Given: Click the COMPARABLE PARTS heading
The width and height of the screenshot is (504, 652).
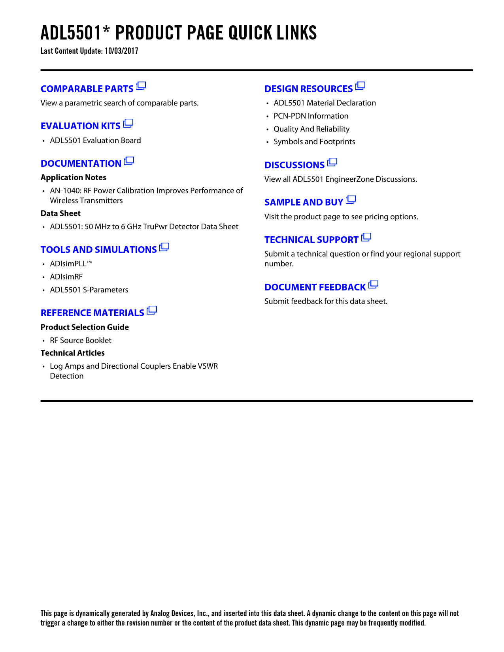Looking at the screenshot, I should (x=87, y=89).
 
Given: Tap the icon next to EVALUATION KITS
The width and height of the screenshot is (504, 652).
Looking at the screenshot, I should (x=128, y=124).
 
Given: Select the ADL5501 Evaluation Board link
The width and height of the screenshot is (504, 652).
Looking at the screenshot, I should (x=95, y=140).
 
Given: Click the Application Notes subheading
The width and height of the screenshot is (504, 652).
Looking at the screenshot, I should (x=74, y=177).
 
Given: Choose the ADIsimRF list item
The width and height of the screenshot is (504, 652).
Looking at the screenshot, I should (x=66, y=277).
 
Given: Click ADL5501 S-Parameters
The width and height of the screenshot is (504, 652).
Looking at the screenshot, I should (x=89, y=290).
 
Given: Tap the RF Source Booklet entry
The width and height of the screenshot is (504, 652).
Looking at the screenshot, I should (x=81, y=340).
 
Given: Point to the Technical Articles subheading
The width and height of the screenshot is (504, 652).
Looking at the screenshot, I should (x=73, y=353).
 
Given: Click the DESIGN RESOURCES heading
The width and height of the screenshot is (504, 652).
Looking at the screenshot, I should (x=309, y=89).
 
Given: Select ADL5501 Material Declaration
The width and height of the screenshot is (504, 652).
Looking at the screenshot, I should (x=325, y=103).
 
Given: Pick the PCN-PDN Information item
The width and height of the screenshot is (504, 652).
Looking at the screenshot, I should (x=311, y=116).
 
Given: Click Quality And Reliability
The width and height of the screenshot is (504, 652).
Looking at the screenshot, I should (x=311, y=129).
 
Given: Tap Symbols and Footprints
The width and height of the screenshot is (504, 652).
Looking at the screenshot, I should (x=314, y=141).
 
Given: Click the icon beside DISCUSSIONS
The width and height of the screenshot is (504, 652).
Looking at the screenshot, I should (x=332, y=162).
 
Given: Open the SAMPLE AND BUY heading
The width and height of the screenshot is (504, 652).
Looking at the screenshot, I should (x=304, y=202).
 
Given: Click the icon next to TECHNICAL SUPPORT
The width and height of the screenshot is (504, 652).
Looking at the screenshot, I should (x=366, y=237).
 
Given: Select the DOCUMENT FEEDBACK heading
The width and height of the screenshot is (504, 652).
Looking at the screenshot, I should (x=315, y=287).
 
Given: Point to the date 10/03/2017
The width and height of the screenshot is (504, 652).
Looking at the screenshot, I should (x=121, y=51).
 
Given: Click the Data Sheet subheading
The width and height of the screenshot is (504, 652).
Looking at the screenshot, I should (x=60, y=213).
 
